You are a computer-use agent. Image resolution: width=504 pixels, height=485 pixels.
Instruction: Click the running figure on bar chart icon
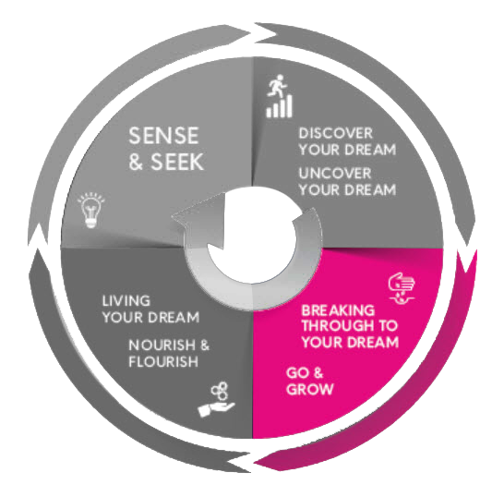[280, 96]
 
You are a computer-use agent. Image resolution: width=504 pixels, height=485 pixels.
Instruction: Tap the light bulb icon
[91, 210]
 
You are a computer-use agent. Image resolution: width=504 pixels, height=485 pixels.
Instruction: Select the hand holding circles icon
[217, 399]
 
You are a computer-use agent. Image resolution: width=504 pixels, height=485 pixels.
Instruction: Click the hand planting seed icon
[402, 287]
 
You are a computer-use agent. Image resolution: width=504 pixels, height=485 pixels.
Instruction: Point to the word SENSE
[163, 136]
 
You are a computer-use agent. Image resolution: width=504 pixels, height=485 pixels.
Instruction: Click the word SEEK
[177, 162]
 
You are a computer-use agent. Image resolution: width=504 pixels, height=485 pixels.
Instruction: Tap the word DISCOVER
[336, 133]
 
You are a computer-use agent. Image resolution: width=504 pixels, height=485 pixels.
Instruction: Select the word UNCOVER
[335, 174]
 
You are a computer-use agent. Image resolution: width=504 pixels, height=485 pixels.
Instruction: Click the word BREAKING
[338, 310]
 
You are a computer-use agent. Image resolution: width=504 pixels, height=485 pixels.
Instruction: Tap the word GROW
[309, 389]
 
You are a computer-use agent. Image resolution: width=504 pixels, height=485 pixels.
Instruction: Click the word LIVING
[126, 301]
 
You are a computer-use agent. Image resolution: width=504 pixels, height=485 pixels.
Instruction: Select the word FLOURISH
[163, 361]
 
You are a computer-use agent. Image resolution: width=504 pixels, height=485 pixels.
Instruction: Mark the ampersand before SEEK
[137, 162]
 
